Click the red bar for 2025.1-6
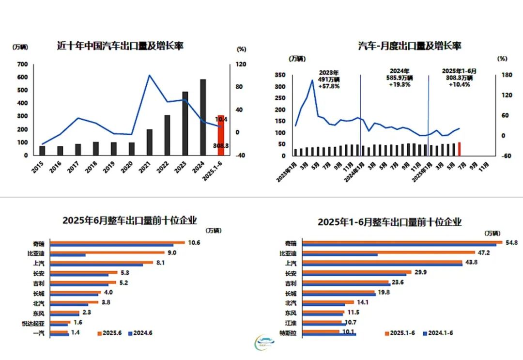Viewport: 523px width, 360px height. [221, 135]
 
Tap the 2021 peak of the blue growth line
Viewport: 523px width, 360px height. [149, 75]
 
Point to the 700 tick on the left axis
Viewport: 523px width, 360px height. [22, 64]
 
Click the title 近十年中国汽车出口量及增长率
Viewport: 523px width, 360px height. [121, 46]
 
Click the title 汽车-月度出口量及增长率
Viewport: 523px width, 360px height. [409, 46]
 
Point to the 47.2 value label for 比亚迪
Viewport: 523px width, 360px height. [484, 253]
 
